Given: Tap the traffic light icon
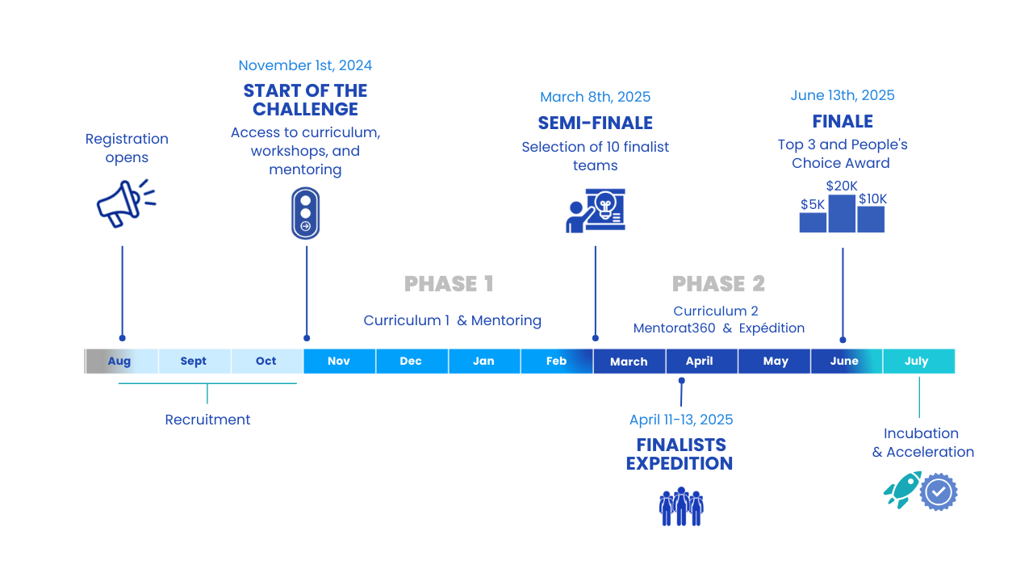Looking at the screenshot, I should point(305,213).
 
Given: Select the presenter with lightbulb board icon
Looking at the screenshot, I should point(596,211).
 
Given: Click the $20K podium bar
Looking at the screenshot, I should point(842,214).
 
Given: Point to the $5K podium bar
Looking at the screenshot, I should point(813,222).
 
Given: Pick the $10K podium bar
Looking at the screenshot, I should point(871,219).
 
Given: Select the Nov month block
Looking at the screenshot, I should point(339,362).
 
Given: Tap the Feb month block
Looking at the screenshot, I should point(556,362).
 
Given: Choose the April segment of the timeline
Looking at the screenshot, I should point(700,362).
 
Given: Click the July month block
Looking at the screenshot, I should point(918,362).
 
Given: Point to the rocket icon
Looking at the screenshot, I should point(902,489).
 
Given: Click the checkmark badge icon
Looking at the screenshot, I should point(939,492).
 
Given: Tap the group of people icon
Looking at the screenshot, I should point(681,507).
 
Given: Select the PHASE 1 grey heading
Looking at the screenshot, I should point(449,284).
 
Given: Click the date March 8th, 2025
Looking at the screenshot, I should point(595,97).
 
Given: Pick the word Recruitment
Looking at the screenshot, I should point(207,420).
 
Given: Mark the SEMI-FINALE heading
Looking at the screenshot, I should point(595,123).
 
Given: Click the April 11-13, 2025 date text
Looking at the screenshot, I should point(681,420).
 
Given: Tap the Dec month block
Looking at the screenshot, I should point(411,362).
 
